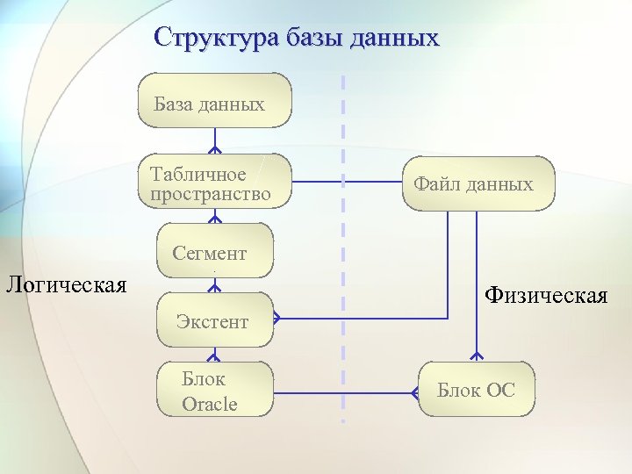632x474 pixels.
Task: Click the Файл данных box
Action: point(478,183)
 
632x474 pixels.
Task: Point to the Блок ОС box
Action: point(476,389)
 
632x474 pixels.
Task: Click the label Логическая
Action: point(66,284)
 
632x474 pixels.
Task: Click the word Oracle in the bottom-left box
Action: point(210,404)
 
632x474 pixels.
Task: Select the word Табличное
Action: point(197,174)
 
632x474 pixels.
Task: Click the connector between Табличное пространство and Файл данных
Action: point(346,183)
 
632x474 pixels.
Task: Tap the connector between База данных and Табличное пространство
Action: point(213,141)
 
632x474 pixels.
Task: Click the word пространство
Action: point(211,193)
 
